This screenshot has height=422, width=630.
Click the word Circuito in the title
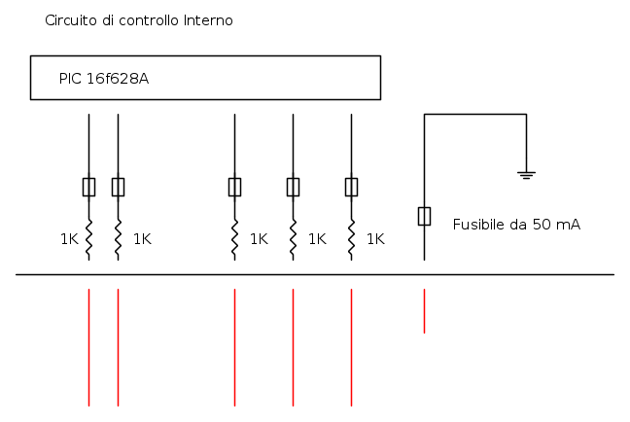tap(71, 20)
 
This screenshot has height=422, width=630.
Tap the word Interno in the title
tap(208, 20)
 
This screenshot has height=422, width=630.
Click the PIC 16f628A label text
tap(104, 79)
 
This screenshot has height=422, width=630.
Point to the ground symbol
tap(526, 175)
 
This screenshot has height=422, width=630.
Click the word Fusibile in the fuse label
tap(478, 225)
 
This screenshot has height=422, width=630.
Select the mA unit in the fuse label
tap(569, 225)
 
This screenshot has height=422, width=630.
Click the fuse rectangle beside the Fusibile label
tap(424, 216)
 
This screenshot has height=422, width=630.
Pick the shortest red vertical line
tap(424, 311)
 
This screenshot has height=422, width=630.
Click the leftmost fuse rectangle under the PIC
tap(88, 188)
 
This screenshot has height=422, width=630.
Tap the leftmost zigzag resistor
tap(88, 239)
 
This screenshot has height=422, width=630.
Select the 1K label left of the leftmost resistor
tap(69, 239)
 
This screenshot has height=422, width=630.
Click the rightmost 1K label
tap(375, 239)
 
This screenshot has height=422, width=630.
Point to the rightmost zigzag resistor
tap(351, 239)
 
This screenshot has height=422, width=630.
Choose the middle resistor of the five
tap(234, 239)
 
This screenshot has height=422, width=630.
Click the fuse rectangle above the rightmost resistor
tap(351, 188)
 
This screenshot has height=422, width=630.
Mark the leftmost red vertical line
tap(88, 347)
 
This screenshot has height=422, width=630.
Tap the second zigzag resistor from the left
tap(118, 239)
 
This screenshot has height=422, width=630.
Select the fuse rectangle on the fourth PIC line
tap(293, 188)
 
